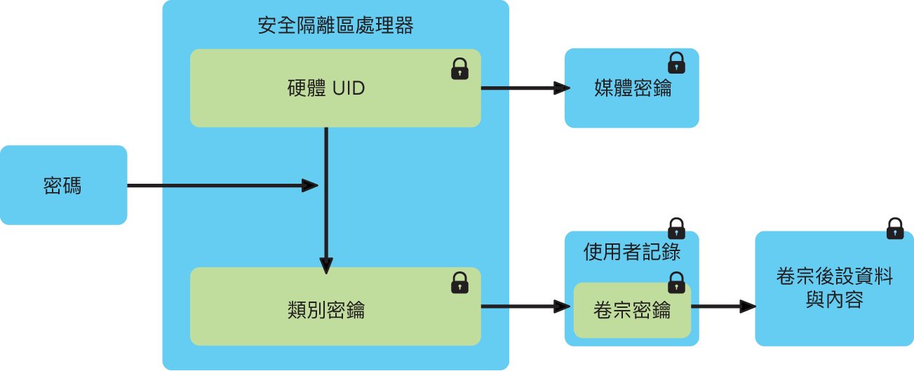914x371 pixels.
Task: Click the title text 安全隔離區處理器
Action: click(335, 25)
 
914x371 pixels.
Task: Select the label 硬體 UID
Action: click(326, 88)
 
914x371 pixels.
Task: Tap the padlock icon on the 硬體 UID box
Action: click(459, 69)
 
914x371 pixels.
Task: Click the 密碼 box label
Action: click(62, 186)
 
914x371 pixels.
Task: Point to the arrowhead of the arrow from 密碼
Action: click(310, 186)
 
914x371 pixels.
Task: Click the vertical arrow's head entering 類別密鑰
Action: click(326, 265)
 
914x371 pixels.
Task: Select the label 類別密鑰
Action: click(326, 310)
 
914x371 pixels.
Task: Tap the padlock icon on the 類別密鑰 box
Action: click(459, 283)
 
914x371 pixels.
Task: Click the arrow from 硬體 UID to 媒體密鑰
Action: click(525, 88)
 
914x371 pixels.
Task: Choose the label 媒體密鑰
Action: click(633, 88)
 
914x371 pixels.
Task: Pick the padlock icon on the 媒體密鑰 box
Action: click(676, 63)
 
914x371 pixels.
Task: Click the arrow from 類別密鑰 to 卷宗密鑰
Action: click(525, 306)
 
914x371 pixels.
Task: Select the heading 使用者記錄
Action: click(631, 252)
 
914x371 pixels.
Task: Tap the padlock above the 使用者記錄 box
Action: click(676, 228)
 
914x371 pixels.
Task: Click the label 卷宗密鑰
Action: click(631, 310)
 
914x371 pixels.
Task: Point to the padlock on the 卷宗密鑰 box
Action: click(676, 283)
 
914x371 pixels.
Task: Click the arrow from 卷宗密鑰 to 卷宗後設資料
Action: click(723, 306)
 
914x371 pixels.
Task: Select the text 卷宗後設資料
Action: click(835, 276)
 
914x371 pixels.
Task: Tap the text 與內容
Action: click(835, 299)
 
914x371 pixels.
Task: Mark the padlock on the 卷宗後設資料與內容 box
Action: click(895, 229)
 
